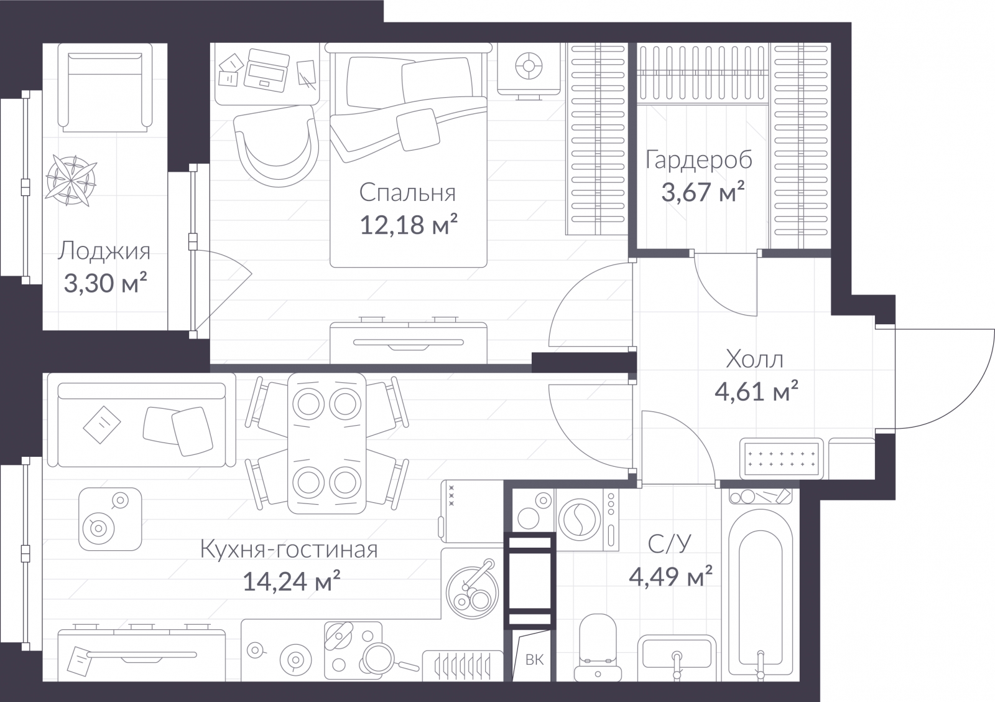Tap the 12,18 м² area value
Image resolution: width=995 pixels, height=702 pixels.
pos(408,225)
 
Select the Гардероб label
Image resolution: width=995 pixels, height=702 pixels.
pos(699,160)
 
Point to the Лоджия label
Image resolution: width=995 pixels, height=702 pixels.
pos(104,251)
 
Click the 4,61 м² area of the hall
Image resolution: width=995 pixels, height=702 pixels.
pos(756,391)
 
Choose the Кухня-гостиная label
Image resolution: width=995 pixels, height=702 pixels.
pos(289,550)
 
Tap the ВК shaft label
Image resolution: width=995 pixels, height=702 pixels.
pos(534,659)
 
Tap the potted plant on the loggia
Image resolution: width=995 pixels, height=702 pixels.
pos(72,180)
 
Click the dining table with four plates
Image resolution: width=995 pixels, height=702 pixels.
pos(327,443)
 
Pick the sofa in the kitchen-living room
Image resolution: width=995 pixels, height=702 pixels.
pos(142,420)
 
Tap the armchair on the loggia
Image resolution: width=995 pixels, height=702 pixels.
pos(105,88)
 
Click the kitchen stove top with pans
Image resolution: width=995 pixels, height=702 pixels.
pos(353,650)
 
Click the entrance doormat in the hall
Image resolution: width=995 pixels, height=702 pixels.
pos(781,459)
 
